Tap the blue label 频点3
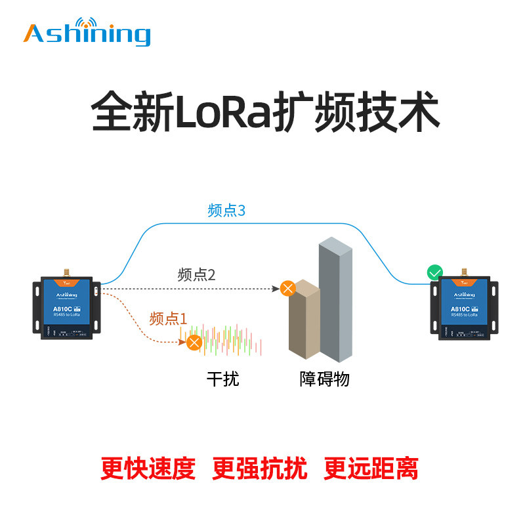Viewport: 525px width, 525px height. pos(226,211)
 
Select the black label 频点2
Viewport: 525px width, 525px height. pos(196,275)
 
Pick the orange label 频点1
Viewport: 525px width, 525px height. pos(169,318)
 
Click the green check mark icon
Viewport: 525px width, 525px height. pos(434,272)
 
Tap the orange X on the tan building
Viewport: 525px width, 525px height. pos(287,287)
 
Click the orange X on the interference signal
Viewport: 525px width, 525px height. pos(194,342)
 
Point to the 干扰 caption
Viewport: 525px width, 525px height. pos(222,379)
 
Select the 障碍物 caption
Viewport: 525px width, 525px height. pos(324,379)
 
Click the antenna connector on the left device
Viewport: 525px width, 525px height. pos(66,271)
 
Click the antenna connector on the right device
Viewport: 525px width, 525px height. pos(465,271)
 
